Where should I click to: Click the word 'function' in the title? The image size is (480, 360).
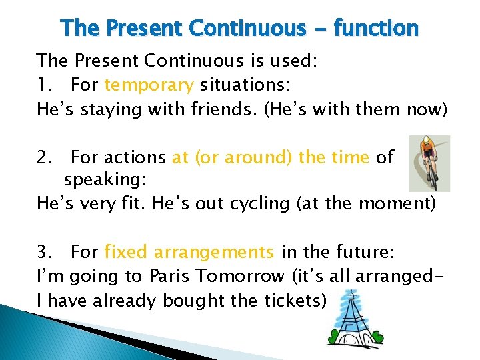376,29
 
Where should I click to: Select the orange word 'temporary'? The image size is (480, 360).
149,85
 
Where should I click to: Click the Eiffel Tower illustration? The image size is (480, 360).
353,320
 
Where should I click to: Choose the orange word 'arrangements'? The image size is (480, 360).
214,252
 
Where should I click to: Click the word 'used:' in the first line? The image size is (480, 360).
293,61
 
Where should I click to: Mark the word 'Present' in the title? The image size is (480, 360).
143,29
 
